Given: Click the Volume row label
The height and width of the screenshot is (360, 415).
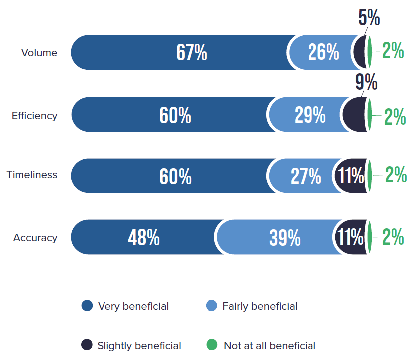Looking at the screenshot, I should click(39, 53).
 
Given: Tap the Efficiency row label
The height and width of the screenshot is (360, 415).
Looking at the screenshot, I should click(35, 116).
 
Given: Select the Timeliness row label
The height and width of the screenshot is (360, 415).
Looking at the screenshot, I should click(32, 175).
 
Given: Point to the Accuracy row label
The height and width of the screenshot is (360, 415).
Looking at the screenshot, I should click(35, 238).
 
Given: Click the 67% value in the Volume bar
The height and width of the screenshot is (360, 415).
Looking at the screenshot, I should click(192, 52).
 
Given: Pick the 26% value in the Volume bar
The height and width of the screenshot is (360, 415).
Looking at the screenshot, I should click(323, 52).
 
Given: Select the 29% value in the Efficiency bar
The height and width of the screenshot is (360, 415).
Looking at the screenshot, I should click(310, 115).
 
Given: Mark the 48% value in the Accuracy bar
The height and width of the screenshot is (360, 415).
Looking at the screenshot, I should click(144, 238).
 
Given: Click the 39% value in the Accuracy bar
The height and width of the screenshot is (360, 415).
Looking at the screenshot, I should click(285, 238).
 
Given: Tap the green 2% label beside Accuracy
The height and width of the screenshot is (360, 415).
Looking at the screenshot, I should click(393, 238).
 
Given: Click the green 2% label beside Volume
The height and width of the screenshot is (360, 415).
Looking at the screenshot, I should click(393, 51).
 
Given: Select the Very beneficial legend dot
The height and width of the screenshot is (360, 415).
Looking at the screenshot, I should click(87, 306).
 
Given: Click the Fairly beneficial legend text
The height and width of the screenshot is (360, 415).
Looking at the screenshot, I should click(260, 306).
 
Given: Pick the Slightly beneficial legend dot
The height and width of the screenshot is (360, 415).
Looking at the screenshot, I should click(87, 345).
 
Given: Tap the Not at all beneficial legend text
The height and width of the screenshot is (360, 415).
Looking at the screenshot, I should click(270, 345).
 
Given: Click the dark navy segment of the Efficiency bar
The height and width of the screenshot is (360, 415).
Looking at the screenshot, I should click(355, 115).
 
